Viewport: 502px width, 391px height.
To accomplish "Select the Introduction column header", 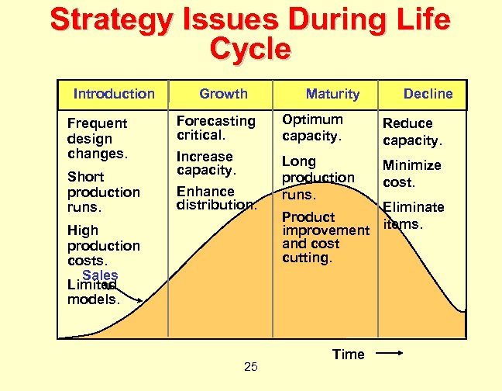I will click(x=114, y=94).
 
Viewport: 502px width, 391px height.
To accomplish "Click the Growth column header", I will click(x=223, y=94).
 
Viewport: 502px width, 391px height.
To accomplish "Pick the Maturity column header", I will click(x=332, y=94).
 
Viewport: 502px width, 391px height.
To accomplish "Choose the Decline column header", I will click(x=428, y=94).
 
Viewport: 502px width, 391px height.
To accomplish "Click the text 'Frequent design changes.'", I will click(x=98, y=138).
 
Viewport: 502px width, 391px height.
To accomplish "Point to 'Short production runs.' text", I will click(x=103, y=192).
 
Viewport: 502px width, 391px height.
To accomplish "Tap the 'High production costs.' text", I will click(x=103, y=245).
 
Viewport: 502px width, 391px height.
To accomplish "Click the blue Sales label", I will click(x=100, y=275).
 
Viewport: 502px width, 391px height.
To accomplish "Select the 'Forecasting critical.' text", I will click(x=215, y=127).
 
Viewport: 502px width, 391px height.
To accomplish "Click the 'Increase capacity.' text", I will click(x=205, y=163).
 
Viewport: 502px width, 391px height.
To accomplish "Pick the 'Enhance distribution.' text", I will click(x=216, y=198).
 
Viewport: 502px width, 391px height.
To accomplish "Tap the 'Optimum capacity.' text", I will click(x=312, y=127).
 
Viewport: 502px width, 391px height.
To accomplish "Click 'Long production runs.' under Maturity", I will click(x=318, y=178).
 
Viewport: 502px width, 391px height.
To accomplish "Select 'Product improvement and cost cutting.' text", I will click(x=325, y=237).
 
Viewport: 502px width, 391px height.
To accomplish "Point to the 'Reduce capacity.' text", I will click(x=412, y=132).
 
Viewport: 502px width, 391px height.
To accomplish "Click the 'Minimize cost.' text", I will click(x=411, y=174).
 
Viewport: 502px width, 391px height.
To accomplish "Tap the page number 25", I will click(x=251, y=367).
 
